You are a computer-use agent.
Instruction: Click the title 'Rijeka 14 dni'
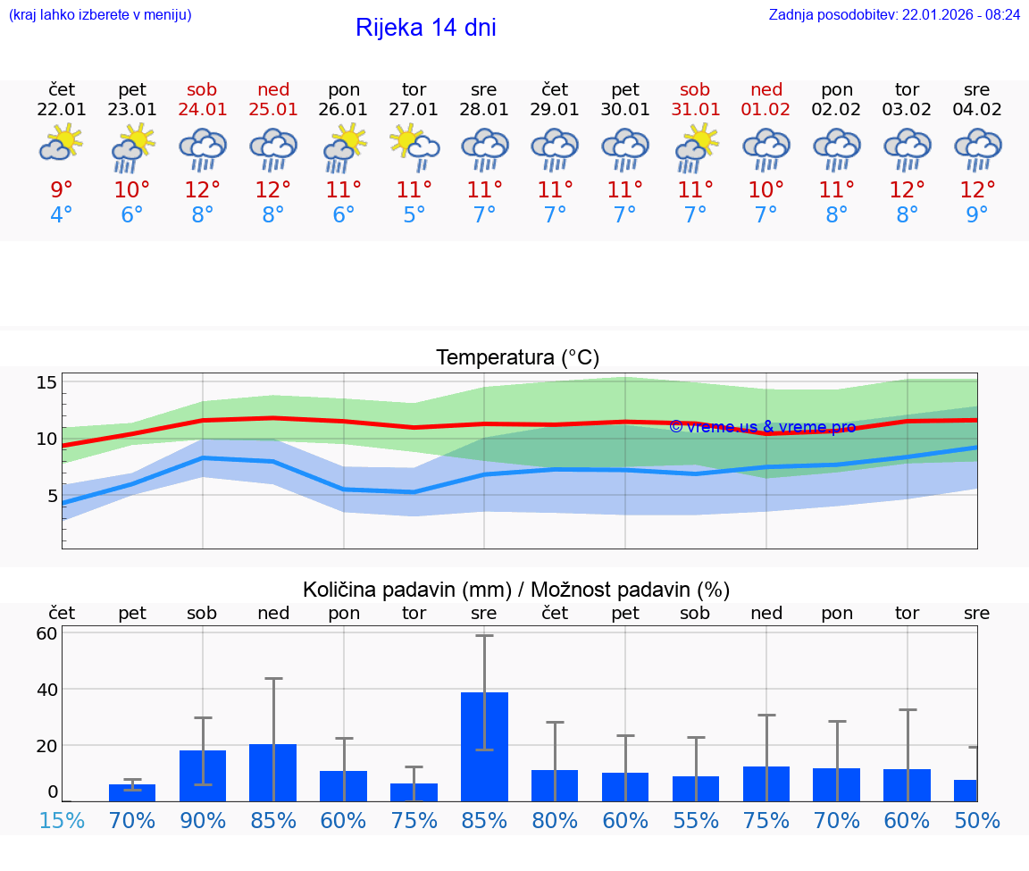[x=425, y=28]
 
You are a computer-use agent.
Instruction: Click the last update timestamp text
[x=894, y=14]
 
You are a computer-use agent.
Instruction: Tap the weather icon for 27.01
[x=414, y=146]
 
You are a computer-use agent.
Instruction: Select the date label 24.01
[x=203, y=109]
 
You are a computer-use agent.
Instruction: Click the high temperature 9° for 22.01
[x=62, y=189]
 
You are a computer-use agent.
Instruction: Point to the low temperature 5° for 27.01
[x=414, y=215]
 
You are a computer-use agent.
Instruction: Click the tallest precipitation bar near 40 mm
[x=484, y=746]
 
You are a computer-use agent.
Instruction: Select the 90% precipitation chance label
[x=203, y=820]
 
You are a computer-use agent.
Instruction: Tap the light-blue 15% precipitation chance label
[x=62, y=820]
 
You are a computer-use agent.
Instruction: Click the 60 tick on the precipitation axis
[x=46, y=633]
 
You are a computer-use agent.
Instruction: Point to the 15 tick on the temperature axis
[x=46, y=382]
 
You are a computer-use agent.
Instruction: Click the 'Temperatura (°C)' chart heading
[x=517, y=357]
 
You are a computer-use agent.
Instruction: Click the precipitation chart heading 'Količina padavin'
[x=516, y=590]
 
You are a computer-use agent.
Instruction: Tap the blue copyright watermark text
[x=762, y=427]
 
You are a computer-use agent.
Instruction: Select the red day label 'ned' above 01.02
[x=765, y=89]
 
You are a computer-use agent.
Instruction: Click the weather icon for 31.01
[x=695, y=146]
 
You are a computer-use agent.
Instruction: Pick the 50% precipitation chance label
[x=977, y=820]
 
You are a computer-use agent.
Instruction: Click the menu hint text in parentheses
[x=100, y=14]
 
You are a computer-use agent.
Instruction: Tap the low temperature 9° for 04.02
[x=977, y=215]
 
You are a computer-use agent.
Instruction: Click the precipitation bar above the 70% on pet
[x=132, y=792]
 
